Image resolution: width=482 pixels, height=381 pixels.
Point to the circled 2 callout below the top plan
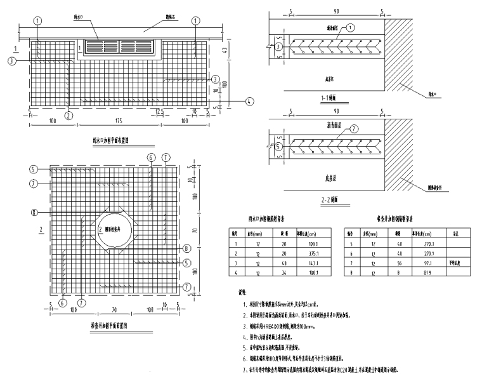coord(68,116)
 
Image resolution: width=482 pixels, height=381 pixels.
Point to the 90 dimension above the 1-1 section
coord(330,11)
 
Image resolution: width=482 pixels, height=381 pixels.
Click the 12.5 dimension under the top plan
coord(161,112)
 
